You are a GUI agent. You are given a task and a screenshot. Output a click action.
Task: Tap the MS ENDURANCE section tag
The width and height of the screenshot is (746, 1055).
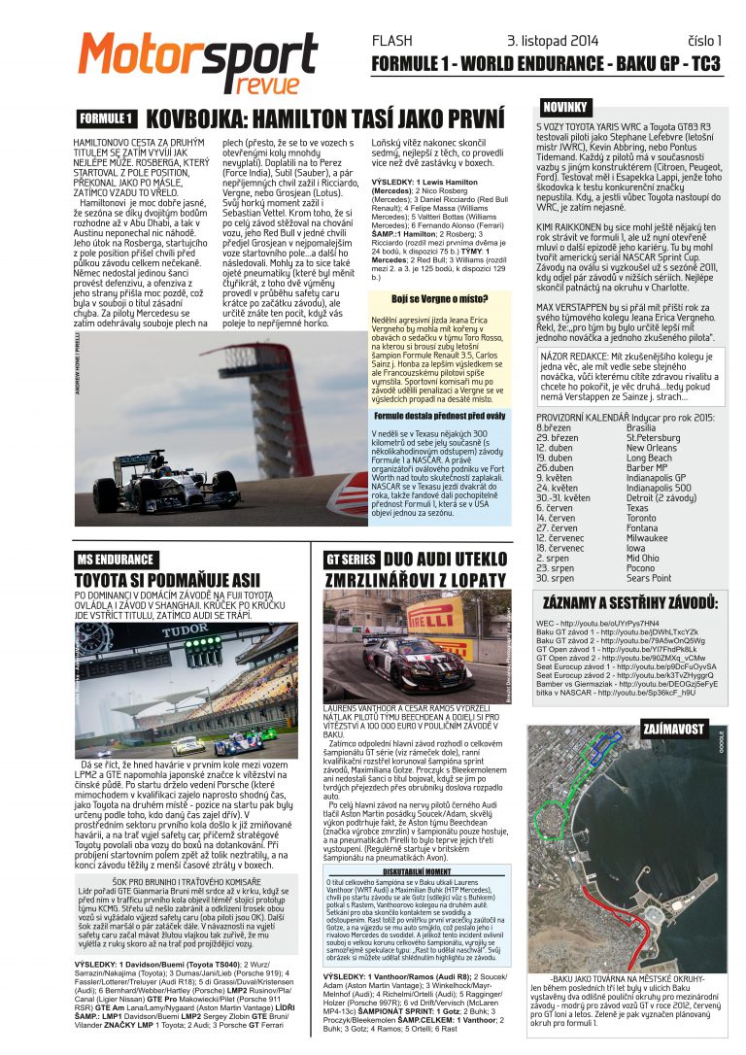tap(115, 559)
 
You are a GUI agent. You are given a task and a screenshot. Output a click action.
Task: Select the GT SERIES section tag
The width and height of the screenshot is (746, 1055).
tap(351, 560)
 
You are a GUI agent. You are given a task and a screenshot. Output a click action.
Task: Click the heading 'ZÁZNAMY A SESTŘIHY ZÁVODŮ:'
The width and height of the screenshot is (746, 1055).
tap(630, 602)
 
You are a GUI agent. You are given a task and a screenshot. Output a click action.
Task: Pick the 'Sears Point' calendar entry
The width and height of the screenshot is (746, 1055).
tap(649, 578)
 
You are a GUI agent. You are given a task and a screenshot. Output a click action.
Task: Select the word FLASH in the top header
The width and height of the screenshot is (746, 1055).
tap(392, 41)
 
